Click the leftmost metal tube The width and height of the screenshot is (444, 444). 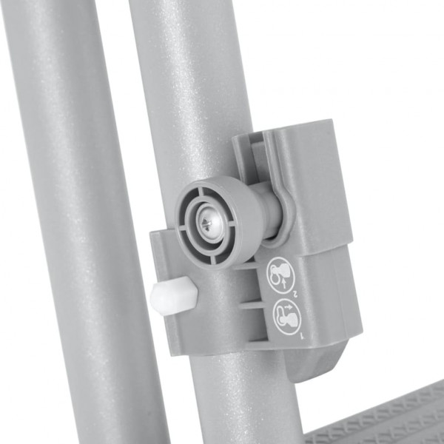click(x=74, y=222)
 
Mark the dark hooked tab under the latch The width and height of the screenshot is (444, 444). click(x=311, y=363)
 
